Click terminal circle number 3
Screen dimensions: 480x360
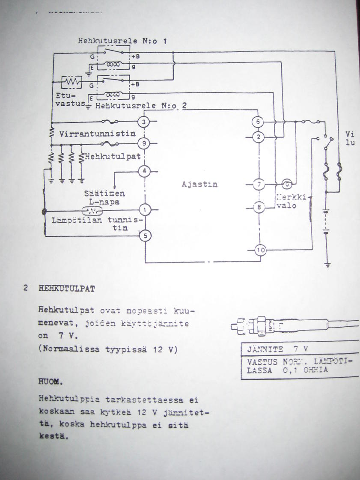coord(144,122)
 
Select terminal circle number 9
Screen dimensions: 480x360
coord(144,143)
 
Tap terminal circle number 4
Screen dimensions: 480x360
coord(144,171)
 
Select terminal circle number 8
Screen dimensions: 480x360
coord(259,207)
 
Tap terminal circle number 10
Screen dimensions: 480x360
coord(260,250)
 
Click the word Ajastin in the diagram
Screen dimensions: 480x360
coord(200,185)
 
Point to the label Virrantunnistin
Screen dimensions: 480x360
coord(98,133)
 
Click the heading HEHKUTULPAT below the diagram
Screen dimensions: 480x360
coord(67,289)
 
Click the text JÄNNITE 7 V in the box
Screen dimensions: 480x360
coord(278,349)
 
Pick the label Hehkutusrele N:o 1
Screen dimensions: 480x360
coord(122,42)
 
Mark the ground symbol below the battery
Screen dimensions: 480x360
coord(328,264)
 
